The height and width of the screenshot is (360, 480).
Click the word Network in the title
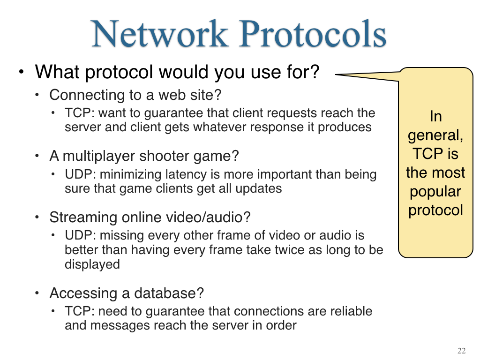(x=160, y=34)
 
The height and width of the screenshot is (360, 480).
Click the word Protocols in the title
(x=313, y=34)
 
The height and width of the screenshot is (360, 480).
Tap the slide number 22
(x=462, y=351)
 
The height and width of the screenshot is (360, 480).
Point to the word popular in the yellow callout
(x=435, y=192)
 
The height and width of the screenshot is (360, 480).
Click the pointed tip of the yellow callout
(x=336, y=74)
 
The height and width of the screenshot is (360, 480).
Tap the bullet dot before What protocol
(x=21, y=72)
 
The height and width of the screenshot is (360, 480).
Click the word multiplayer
(x=98, y=156)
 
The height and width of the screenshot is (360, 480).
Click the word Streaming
(x=83, y=217)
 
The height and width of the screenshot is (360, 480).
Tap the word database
(x=169, y=293)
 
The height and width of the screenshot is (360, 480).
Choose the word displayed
(x=92, y=264)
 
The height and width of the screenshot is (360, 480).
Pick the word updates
(x=259, y=188)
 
